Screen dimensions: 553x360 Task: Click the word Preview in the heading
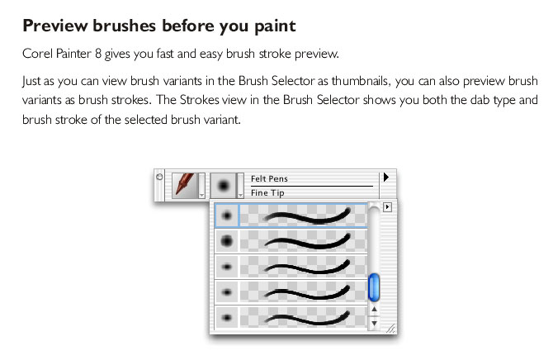click(x=54, y=26)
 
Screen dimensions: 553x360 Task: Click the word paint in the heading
click(x=275, y=26)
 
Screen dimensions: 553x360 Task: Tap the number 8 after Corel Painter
click(x=98, y=54)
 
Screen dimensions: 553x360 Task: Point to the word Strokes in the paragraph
click(x=199, y=100)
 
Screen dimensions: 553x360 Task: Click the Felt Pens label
click(x=269, y=179)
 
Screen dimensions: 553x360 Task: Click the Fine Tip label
click(x=267, y=193)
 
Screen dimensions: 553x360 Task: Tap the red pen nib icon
click(x=185, y=184)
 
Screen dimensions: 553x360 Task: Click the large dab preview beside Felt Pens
click(x=223, y=185)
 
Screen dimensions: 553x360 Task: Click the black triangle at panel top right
click(x=386, y=177)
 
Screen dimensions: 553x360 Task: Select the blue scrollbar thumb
click(x=374, y=287)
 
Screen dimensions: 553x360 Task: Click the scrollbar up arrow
click(x=374, y=309)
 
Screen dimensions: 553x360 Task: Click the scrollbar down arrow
click(x=374, y=323)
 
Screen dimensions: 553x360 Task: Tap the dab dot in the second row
click(x=227, y=241)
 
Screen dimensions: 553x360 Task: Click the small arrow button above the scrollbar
click(x=387, y=206)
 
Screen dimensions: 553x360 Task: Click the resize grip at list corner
click(x=390, y=329)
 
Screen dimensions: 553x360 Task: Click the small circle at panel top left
click(x=159, y=177)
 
